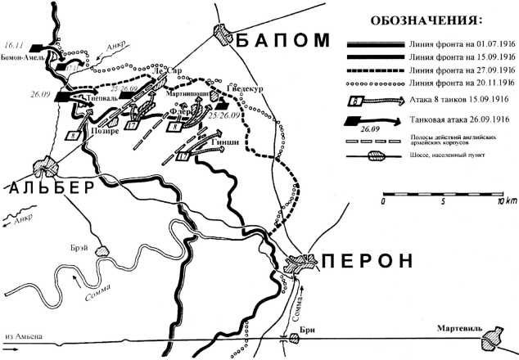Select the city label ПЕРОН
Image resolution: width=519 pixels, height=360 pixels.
click(367, 262)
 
